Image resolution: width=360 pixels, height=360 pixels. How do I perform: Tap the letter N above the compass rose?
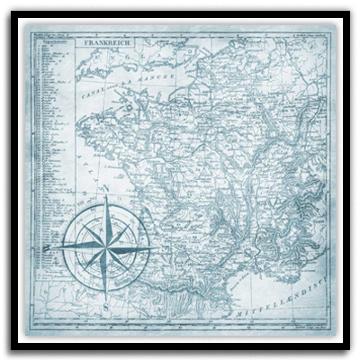(x=106, y=191)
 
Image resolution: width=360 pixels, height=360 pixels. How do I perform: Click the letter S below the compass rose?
(x=106, y=303)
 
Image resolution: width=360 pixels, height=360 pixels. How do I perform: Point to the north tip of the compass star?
(x=105, y=200)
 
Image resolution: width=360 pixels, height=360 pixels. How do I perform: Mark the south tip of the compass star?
(x=105, y=290)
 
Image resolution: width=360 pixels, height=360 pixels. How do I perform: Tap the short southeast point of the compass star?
(x=127, y=264)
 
